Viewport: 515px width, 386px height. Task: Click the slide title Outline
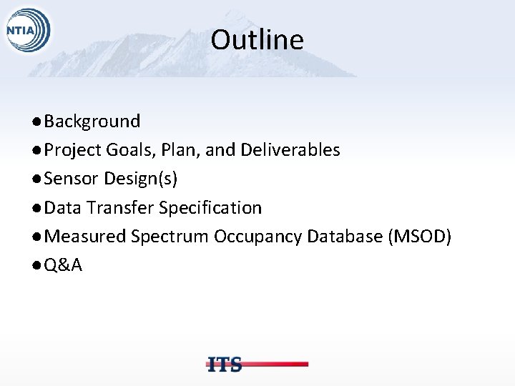click(x=257, y=40)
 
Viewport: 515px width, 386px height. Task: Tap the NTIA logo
click(x=26, y=32)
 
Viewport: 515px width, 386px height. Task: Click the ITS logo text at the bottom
click(x=225, y=364)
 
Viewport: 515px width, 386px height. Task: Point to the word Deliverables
click(x=290, y=150)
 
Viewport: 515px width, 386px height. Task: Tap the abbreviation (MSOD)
click(x=419, y=237)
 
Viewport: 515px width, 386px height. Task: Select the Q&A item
click(x=63, y=266)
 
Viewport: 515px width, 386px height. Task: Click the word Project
click(x=72, y=150)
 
